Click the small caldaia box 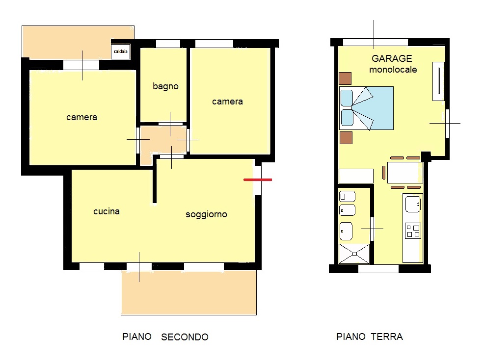tap(120, 51)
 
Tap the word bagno tap(165, 86)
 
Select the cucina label tap(107, 211)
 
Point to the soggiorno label tap(206, 214)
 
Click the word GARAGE tap(392, 58)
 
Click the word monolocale tap(393, 70)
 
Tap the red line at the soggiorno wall tap(258, 180)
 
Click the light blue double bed tap(366, 108)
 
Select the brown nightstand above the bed tap(345, 78)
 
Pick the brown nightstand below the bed tap(346, 138)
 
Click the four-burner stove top tap(413, 231)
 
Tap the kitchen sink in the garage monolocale tap(413, 204)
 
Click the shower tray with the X tap(354, 254)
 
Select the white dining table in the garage tap(405, 173)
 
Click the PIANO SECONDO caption tap(165, 336)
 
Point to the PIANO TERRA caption tap(370, 336)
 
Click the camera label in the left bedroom tap(82, 117)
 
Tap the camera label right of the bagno tap(227, 102)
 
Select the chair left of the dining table tap(384, 173)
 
